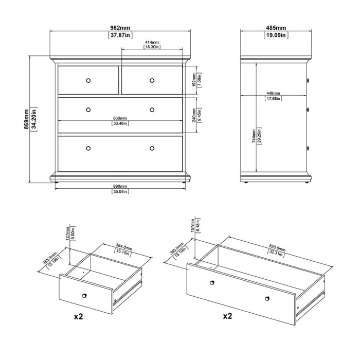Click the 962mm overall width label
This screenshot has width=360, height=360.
pos(120,28)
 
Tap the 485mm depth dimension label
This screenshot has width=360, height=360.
pos(276,28)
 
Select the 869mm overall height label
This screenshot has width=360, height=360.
pos(27,119)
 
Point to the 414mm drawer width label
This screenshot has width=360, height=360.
pos(152,42)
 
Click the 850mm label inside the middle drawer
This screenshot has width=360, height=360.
pos(120,118)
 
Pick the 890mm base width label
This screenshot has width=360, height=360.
pos(120,186)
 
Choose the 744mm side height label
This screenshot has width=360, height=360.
pos(254,136)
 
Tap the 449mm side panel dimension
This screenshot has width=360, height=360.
pos(273,93)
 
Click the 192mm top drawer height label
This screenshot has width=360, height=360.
pos(194,80)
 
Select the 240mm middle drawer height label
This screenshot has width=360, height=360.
pos(194,116)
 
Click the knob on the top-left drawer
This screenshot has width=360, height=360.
pos(88,81)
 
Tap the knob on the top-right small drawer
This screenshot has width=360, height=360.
pos(152,81)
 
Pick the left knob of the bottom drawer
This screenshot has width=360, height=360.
pos(88,148)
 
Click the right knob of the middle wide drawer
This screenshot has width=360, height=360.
pos(152,110)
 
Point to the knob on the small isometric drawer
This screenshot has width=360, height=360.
pos(84,296)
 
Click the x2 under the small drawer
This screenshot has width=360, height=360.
pos(78,317)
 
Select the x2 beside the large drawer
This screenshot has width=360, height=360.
pos(227,316)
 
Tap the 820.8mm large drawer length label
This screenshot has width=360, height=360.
pos(277,248)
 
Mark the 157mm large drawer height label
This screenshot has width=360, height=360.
pos(193,225)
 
